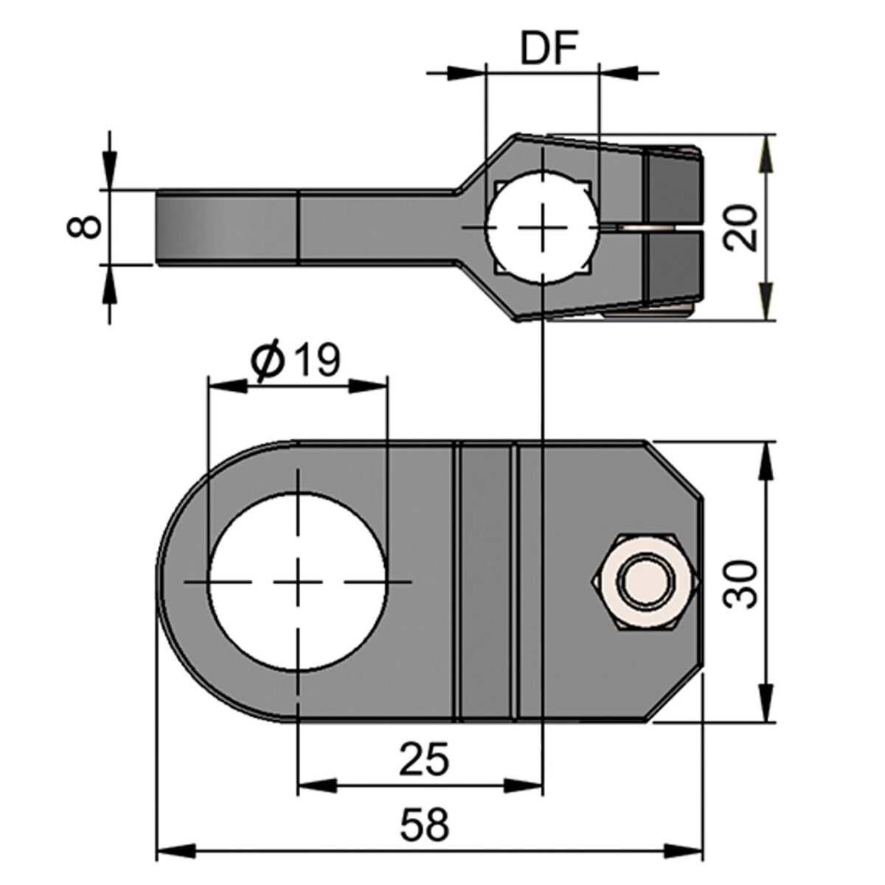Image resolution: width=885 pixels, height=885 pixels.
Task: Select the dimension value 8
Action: [88, 226]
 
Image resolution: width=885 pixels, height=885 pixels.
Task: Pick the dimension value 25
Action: [423, 759]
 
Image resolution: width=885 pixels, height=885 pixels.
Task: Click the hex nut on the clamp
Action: [643, 580]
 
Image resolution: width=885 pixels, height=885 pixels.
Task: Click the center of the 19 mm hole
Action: [297, 582]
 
